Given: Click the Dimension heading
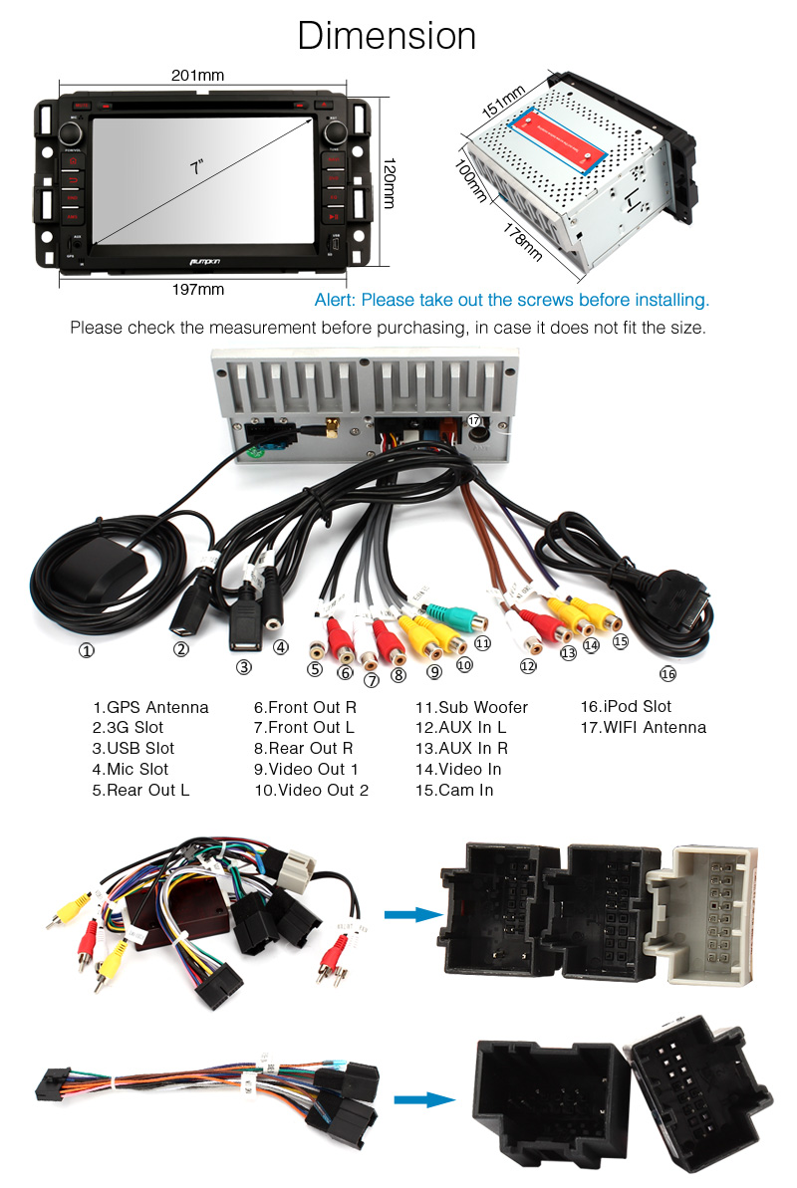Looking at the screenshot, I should (387, 37).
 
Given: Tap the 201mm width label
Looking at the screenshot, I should (197, 75).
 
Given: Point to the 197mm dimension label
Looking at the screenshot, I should (197, 289).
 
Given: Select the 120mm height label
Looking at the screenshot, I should (390, 182).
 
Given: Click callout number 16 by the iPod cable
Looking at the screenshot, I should (667, 674).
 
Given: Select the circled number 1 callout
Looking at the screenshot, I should (87, 652).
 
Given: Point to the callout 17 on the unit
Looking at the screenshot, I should (473, 421).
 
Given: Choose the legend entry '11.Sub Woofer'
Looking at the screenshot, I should (471, 707).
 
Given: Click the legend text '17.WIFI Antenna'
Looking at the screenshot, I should (643, 727).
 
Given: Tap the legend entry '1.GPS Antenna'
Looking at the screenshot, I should (150, 707).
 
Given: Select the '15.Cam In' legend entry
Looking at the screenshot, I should (453, 790).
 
